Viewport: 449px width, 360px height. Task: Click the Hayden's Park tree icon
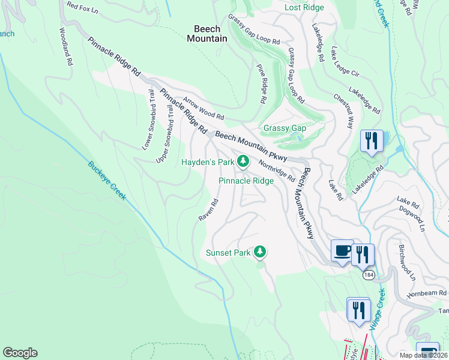(x=243, y=161)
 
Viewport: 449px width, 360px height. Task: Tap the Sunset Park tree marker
(x=260, y=252)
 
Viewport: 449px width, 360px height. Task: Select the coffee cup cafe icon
(x=342, y=250)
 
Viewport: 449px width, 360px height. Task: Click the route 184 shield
(x=368, y=274)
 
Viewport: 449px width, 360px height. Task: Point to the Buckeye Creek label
(x=106, y=181)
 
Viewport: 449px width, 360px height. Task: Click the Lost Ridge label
(x=304, y=7)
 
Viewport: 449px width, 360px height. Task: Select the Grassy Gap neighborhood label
(x=285, y=128)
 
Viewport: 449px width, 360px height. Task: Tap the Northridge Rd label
(x=276, y=170)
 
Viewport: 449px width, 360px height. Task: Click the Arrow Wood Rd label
(x=203, y=109)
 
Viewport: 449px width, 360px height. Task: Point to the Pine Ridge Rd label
(x=261, y=85)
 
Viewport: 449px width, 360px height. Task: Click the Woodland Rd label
(x=66, y=46)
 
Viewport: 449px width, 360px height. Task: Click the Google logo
(x=20, y=353)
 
